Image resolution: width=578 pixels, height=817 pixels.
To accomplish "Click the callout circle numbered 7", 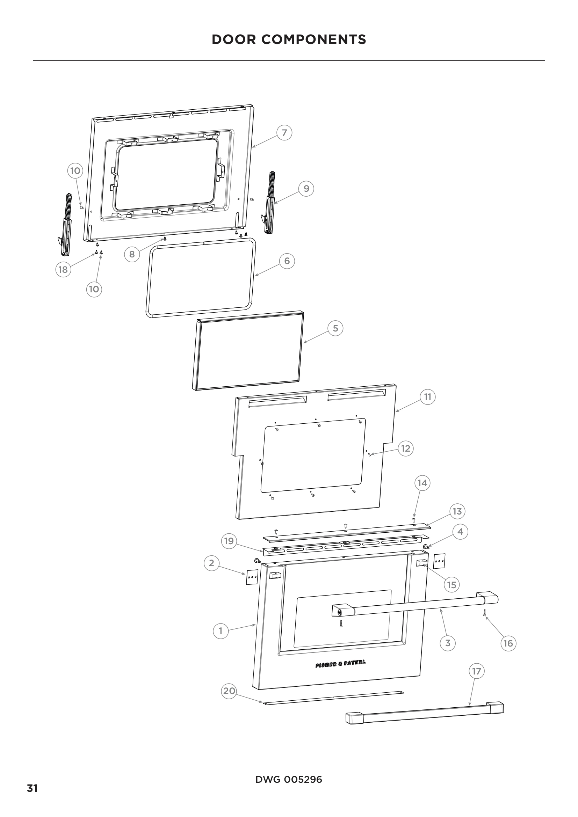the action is point(284,133).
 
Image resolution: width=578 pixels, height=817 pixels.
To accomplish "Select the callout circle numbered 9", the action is point(306,189).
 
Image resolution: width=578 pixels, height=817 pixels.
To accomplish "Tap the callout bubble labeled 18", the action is point(63,269).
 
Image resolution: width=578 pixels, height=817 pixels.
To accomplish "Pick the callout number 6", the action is point(287,261).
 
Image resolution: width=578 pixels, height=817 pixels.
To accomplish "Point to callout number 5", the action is point(335,328).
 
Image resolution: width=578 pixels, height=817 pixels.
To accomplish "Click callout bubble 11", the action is point(427,397).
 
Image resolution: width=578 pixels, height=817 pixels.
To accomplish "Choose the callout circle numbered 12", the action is point(406,448).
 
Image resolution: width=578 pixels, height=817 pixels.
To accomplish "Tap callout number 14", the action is point(422,483).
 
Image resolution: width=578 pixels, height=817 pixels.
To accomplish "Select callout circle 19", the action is point(229,541).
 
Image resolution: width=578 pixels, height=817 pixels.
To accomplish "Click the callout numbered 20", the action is point(229,691).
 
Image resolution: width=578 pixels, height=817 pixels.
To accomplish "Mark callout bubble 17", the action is point(476,671).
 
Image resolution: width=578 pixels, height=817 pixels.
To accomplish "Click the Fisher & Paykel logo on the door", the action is point(340,664).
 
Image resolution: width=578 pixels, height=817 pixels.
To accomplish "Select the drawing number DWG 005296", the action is point(289,780).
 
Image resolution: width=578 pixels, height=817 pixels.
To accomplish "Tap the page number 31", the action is point(32,789).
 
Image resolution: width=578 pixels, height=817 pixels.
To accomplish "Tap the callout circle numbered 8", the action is point(132,254).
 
